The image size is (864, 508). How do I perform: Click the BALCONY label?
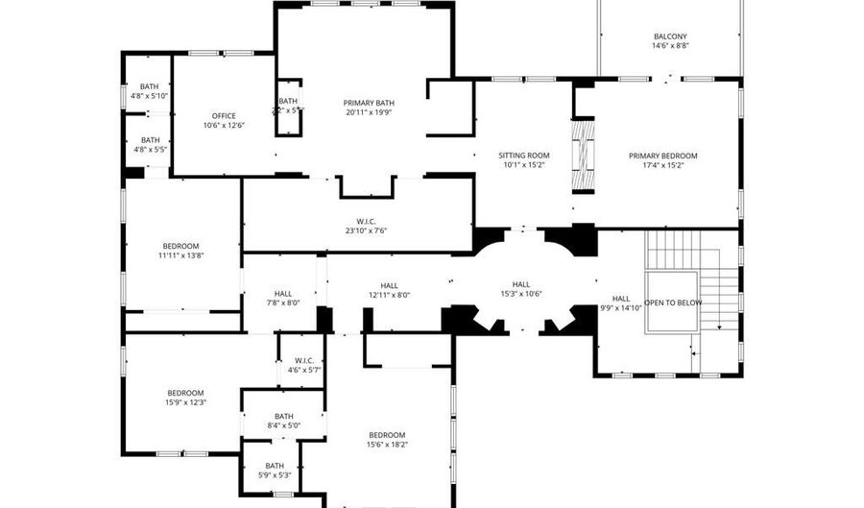pyautogui.click(x=670, y=36)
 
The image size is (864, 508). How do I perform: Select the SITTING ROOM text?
pyautogui.click(x=523, y=156)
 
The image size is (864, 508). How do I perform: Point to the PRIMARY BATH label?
pyautogui.click(x=369, y=103)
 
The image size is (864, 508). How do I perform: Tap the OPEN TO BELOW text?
pyautogui.click(x=672, y=302)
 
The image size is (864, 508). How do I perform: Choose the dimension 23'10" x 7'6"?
pyautogui.click(x=365, y=231)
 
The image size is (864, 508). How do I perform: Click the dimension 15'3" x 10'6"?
pyautogui.click(x=521, y=295)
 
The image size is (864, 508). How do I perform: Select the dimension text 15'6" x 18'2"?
pyautogui.click(x=386, y=445)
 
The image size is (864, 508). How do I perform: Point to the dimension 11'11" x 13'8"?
pyautogui.click(x=180, y=256)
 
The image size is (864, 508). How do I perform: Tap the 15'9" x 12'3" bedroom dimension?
pyautogui.click(x=186, y=402)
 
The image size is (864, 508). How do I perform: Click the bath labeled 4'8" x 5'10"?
pyautogui.click(x=149, y=96)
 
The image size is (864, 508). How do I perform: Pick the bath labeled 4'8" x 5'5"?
pyautogui.click(x=150, y=150)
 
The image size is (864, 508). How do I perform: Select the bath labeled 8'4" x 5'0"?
pyautogui.click(x=283, y=425)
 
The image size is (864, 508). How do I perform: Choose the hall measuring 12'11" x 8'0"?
pyautogui.click(x=389, y=296)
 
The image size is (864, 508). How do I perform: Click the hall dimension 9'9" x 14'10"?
pyautogui.click(x=621, y=308)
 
